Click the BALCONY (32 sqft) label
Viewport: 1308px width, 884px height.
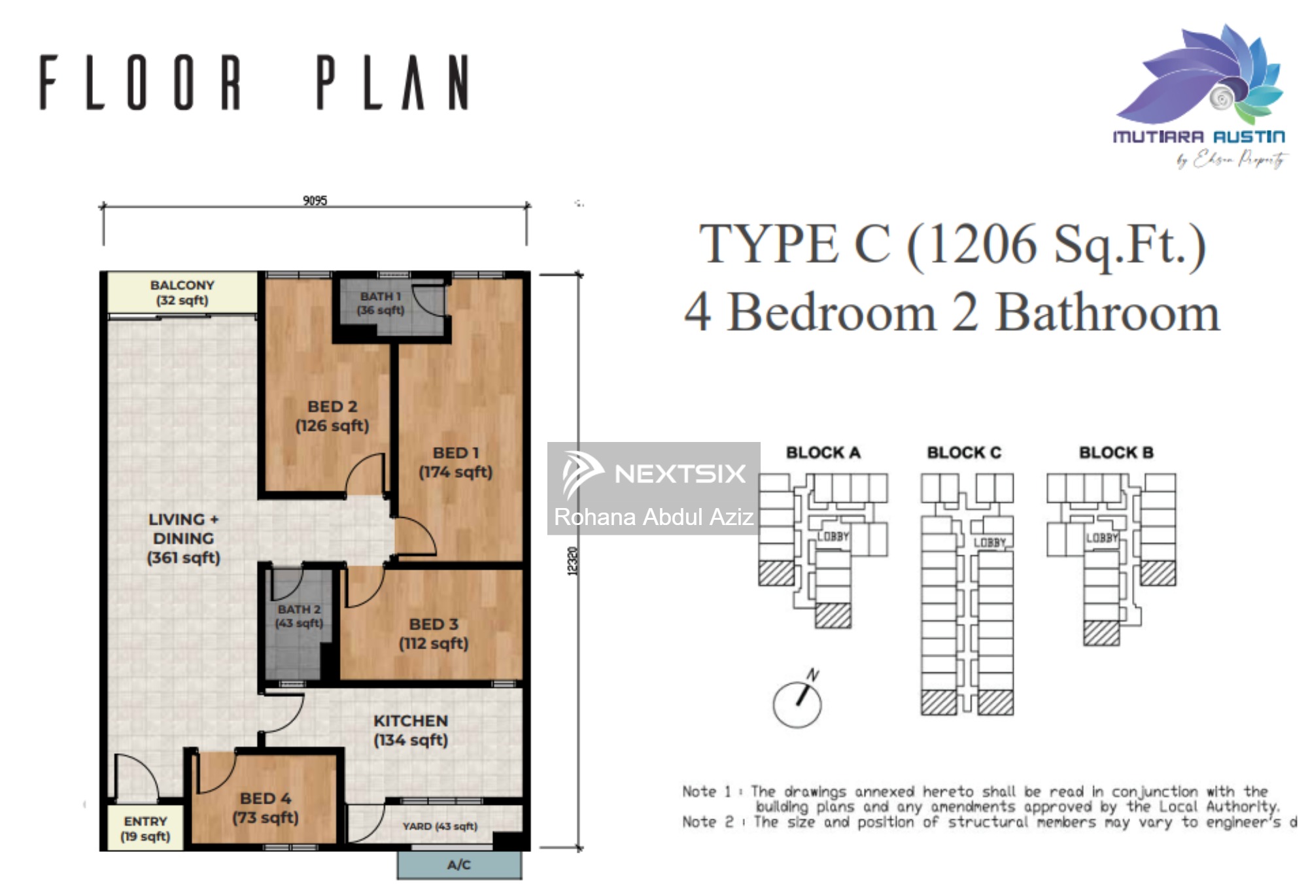[x=182, y=292]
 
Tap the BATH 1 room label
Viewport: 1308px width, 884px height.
[x=380, y=303]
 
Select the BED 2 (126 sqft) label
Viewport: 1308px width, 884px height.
[x=332, y=416]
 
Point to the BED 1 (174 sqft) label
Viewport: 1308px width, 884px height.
[x=456, y=462]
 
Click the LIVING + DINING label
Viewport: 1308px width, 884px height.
[x=183, y=538]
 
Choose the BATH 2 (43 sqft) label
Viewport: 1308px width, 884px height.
[x=299, y=616]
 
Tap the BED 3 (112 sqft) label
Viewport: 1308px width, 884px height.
[x=434, y=634]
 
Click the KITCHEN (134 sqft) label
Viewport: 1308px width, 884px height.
[x=411, y=730]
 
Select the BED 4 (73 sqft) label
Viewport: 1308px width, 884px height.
[x=266, y=807]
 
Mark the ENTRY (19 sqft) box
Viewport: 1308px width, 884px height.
[x=145, y=828]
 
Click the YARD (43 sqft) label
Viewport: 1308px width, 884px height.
[x=439, y=826]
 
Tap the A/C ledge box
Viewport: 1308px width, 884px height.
[x=459, y=865]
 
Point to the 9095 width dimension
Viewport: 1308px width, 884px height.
[x=315, y=200]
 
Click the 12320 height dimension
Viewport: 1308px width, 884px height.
[x=572, y=561]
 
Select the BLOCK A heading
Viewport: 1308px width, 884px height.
[x=823, y=452]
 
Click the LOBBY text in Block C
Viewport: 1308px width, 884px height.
[x=989, y=542]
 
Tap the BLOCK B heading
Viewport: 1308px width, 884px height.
[x=1116, y=452]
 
